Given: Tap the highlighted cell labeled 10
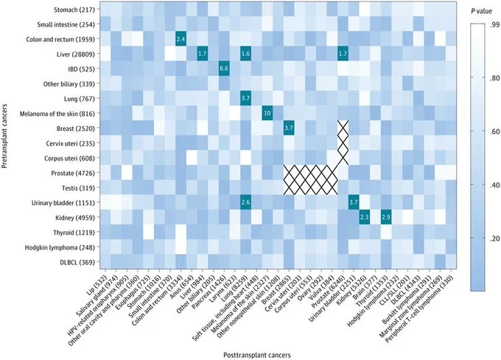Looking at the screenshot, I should tap(267, 113).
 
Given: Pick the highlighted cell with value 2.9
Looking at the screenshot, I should tap(385, 217).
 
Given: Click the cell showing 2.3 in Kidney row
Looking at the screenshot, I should tap(364, 217).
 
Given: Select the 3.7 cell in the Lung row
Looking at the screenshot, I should tap(245, 98).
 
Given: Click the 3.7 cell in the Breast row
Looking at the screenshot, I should tap(289, 128).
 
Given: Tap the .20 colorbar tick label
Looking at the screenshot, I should tap(484, 239).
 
